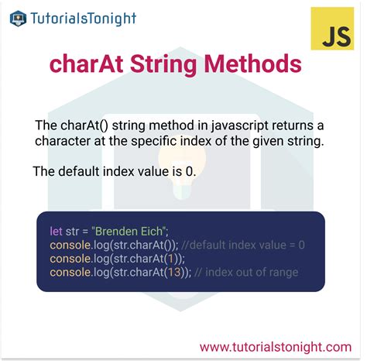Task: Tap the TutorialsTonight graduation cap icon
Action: [x=17, y=17]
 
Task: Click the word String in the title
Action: [x=170, y=64]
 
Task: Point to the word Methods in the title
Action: [x=259, y=64]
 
